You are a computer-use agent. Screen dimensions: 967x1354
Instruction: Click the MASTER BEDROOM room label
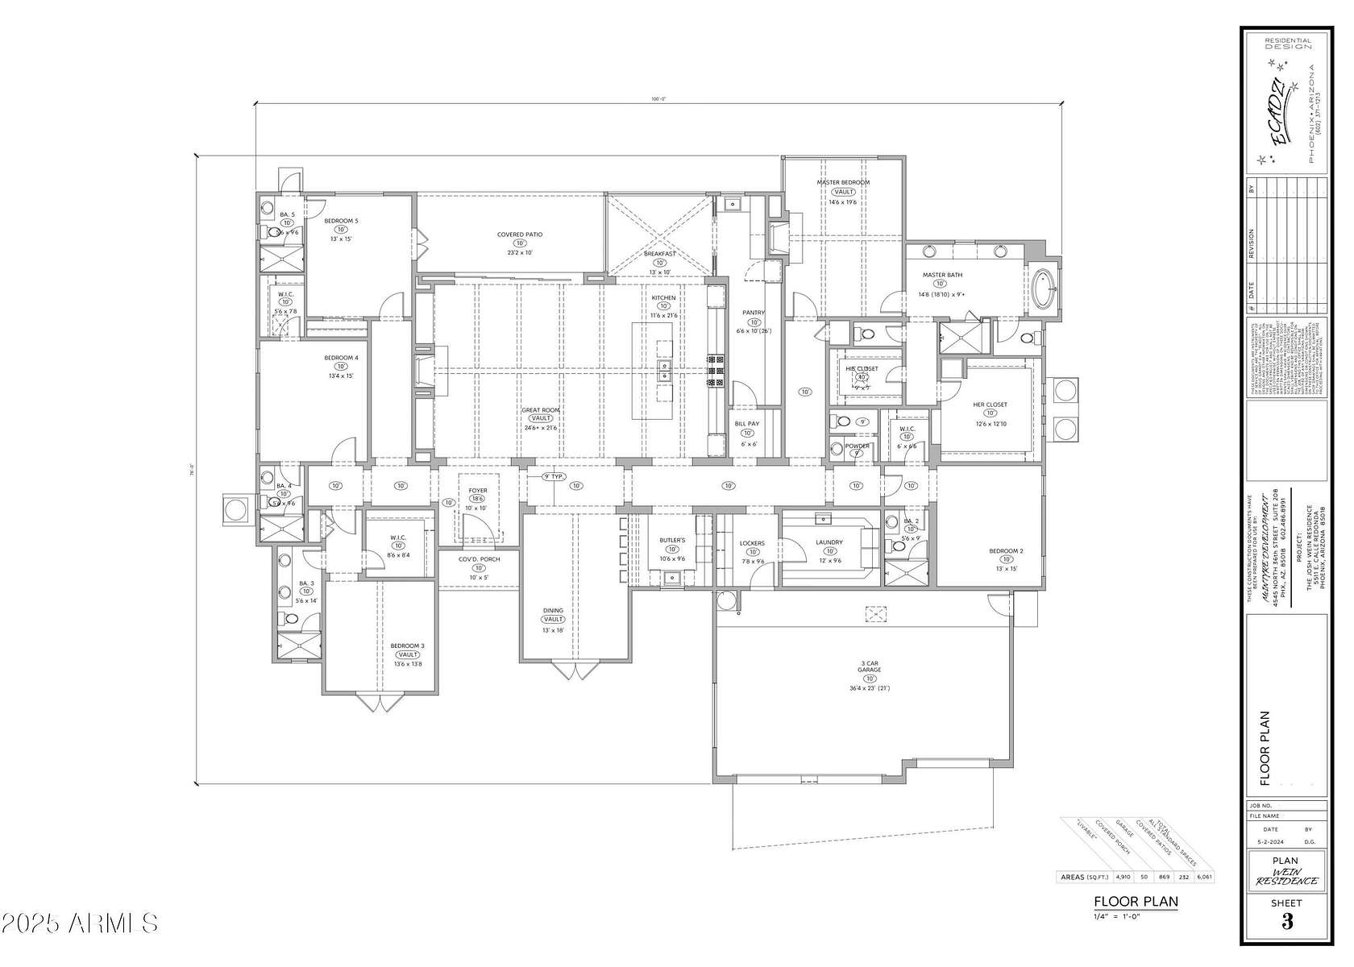(x=843, y=183)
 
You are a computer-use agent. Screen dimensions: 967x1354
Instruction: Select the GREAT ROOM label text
(x=540, y=410)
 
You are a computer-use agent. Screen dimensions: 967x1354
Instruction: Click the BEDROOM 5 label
(x=341, y=221)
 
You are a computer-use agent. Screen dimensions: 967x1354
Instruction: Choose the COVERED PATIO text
(x=519, y=234)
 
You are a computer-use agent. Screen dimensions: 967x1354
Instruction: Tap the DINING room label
(x=553, y=611)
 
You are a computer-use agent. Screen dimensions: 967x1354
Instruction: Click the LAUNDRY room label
(x=829, y=542)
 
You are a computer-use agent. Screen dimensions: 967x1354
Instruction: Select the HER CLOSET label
(x=991, y=405)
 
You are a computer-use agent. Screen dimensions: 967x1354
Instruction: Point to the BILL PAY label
(x=746, y=424)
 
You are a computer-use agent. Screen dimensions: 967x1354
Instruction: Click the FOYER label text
(x=478, y=490)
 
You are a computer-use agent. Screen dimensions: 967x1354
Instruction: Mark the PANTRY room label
(x=754, y=313)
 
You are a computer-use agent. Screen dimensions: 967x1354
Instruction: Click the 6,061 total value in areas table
(x=1205, y=877)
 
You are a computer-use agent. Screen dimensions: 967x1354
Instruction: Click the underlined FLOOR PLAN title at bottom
(x=1135, y=902)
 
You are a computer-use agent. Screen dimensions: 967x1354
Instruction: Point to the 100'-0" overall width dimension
(x=659, y=99)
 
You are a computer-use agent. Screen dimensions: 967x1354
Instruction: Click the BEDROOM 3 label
(x=407, y=645)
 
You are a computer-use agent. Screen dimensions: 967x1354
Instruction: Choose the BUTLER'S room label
(x=671, y=540)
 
